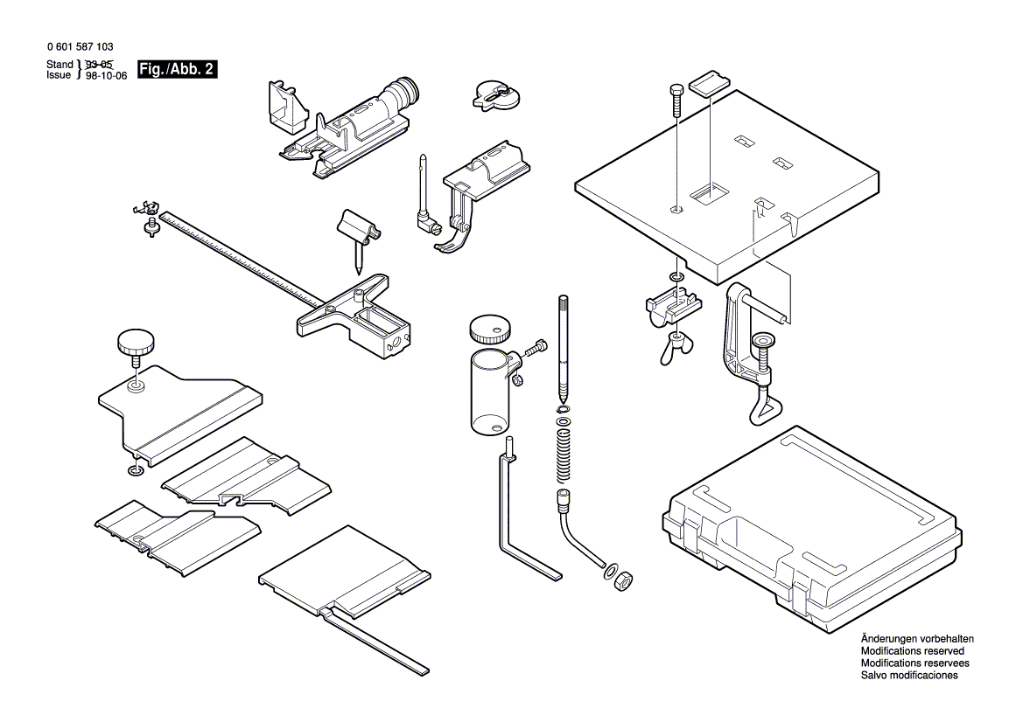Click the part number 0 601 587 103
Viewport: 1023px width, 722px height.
coord(78,47)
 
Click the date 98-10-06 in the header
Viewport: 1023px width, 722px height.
coord(106,76)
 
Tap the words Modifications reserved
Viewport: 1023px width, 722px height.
coord(912,651)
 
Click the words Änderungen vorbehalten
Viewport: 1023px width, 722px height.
coord(916,639)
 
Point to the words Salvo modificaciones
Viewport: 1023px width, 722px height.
coord(908,676)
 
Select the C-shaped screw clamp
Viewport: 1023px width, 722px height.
coord(749,350)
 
